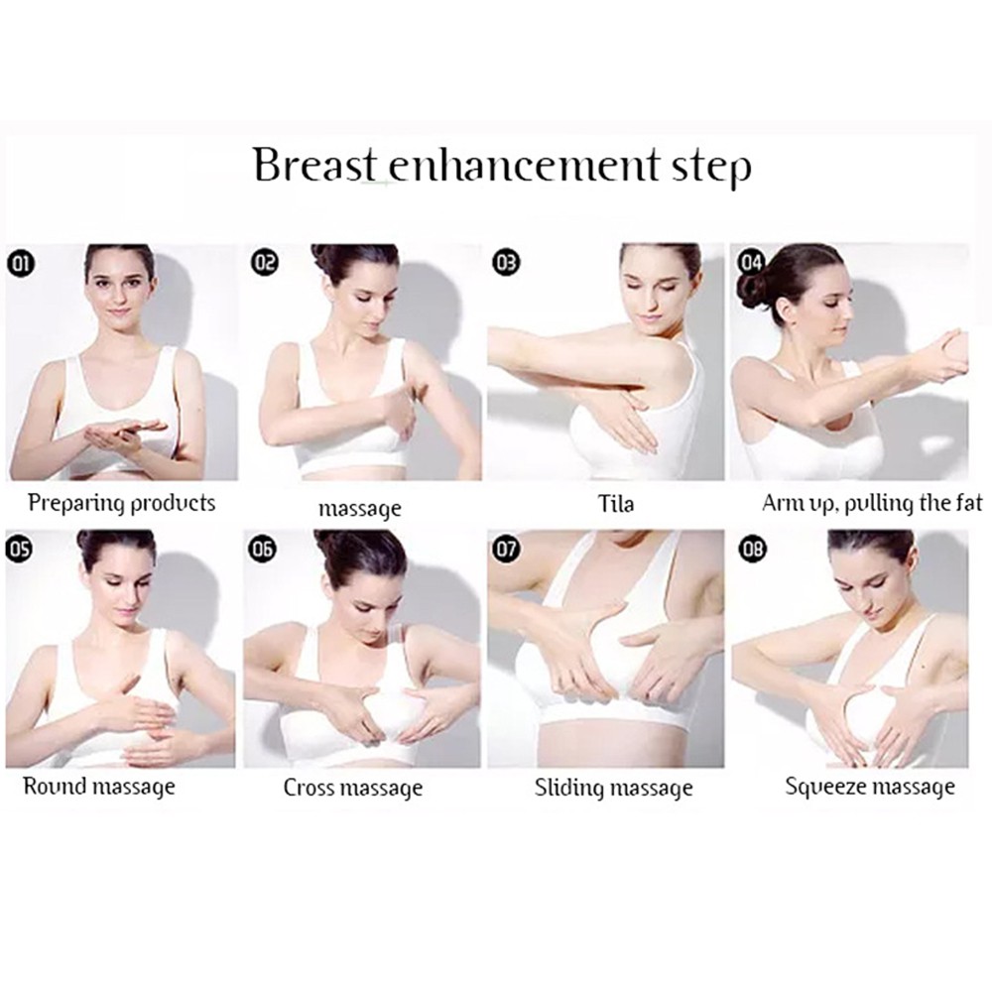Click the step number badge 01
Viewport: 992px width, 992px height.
21,263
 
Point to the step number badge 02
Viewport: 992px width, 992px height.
265,263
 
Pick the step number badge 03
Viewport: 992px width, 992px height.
506,263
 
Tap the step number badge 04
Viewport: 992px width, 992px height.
751,263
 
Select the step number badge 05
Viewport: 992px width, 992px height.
21,548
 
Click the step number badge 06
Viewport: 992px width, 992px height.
265,548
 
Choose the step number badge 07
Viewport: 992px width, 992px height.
506,548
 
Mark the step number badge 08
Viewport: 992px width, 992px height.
751,548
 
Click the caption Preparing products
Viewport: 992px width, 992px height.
121,503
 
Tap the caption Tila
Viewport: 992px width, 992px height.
616,505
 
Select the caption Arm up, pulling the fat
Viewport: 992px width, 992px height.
872,503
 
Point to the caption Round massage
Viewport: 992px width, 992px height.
98,788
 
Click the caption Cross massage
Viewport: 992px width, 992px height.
352,789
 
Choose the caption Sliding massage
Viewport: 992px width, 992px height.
613,789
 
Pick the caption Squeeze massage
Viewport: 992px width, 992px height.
870,788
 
